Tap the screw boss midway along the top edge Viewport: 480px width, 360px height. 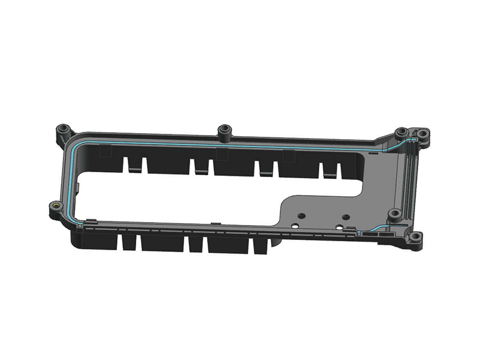tap(225, 129)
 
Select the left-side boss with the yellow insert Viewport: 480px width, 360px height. tap(55, 207)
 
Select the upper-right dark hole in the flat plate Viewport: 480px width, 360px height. tap(346, 216)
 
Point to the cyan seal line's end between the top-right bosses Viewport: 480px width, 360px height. tap(412, 139)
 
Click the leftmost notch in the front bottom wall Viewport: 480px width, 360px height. tap(128, 242)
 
